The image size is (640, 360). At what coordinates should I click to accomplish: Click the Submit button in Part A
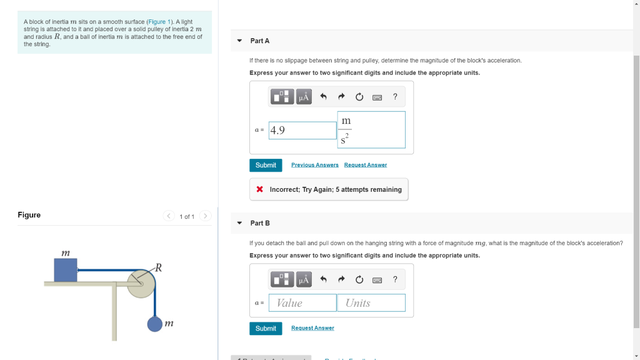click(266, 165)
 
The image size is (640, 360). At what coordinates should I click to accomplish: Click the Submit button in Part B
click(266, 328)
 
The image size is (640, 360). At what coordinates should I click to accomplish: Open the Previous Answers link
click(314, 165)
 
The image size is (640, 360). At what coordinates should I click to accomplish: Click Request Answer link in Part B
click(312, 328)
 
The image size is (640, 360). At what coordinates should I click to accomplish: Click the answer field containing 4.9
click(303, 130)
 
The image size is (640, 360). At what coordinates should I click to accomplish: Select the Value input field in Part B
click(303, 303)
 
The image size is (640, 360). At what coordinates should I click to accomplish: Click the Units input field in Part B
click(371, 303)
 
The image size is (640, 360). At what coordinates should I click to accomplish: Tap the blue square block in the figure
click(66, 270)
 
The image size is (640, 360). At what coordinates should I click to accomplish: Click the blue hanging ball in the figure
click(155, 324)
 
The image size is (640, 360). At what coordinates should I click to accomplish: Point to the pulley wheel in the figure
click(142, 284)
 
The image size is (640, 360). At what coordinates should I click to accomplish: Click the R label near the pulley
click(158, 268)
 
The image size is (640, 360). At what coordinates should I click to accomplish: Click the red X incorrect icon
click(259, 189)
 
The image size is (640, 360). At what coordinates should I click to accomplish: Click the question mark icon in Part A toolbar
click(395, 97)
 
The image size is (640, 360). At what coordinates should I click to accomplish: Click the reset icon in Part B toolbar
click(359, 279)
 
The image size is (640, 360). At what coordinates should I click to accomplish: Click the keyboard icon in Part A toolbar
click(377, 97)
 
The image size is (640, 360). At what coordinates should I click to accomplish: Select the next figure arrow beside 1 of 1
click(206, 216)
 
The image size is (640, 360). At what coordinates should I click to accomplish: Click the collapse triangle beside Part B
click(239, 223)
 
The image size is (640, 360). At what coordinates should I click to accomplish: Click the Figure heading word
click(29, 215)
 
